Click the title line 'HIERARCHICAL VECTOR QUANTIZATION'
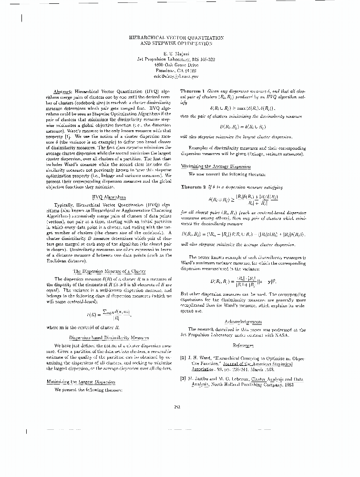pos(176,37)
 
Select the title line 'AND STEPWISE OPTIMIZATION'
pos(176,43)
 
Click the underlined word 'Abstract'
pos(63,91)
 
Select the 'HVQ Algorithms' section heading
pos(109,196)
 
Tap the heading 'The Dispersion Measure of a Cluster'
pos(109,271)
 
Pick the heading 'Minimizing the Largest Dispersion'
pos(76,382)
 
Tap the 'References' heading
pos(243,344)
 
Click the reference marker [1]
pos(183,357)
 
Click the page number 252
pos(176,406)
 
